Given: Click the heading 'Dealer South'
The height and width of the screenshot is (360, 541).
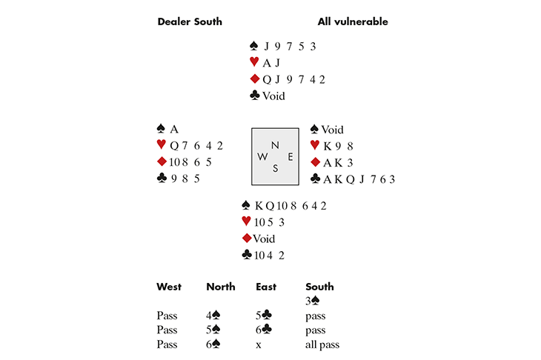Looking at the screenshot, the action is click(x=190, y=21).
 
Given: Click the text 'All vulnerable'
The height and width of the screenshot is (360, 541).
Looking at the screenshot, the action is click(x=353, y=21).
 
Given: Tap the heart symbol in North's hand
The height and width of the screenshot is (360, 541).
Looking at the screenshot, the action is click(x=254, y=61).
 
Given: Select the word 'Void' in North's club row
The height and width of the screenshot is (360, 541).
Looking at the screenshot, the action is click(x=273, y=96).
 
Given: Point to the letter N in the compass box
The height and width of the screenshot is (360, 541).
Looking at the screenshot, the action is click(x=275, y=145).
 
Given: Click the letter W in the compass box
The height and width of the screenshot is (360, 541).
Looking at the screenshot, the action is click(x=262, y=157).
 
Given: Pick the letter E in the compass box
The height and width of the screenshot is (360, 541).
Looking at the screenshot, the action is click(x=291, y=157).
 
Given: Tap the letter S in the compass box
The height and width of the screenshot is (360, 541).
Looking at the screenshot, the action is click(x=275, y=168).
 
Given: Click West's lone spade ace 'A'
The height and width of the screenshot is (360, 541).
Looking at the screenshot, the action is click(x=174, y=130).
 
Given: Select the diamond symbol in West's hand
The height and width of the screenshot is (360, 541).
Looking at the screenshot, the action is click(x=162, y=161).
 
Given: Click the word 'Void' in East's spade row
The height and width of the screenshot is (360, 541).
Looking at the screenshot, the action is click(x=332, y=130).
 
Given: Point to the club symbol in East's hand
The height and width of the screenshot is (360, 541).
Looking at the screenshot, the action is click(x=316, y=179).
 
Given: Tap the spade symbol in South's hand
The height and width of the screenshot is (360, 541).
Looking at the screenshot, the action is click(x=245, y=205).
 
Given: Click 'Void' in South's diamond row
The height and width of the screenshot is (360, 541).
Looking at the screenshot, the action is click(x=264, y=239).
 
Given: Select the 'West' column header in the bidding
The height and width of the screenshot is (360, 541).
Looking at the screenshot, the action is click(x=169, y=287).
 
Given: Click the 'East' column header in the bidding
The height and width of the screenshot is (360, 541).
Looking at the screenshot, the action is click(x=266, y=287).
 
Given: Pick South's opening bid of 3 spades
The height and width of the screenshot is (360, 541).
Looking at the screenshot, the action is click(x=312, y=301).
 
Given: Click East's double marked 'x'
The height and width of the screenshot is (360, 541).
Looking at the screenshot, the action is click(x=259, y=345).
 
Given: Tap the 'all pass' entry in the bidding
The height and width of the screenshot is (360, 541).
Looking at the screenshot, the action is click(x=322, y=344).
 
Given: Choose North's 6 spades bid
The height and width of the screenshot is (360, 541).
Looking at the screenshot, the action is click(x=213, y=344).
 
